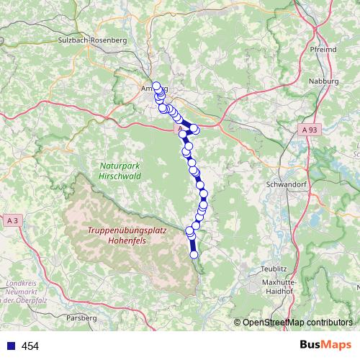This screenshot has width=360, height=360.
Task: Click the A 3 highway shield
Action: point(12,219)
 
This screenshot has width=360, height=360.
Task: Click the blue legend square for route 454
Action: point(10,346)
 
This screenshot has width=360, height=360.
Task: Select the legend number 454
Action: point(30,346)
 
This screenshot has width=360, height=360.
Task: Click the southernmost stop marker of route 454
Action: point(194,253)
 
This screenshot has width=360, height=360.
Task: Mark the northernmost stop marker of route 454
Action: point(156,86)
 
